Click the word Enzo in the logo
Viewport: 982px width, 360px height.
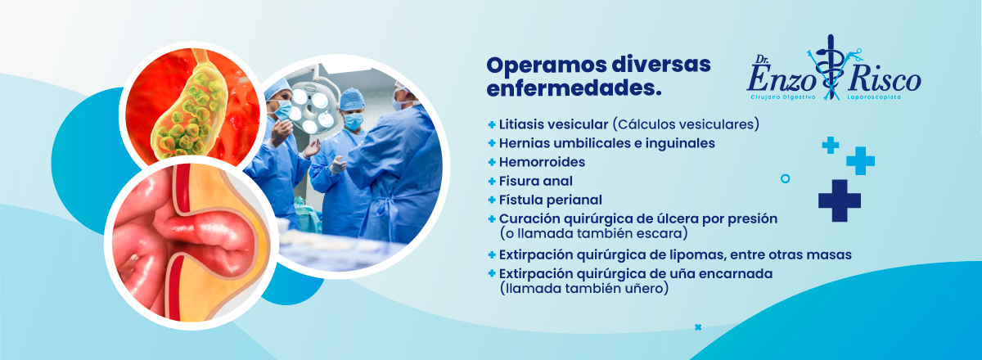point(782,79)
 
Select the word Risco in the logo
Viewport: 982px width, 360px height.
point(885,80)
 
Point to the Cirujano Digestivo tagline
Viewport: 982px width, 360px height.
point(782,97)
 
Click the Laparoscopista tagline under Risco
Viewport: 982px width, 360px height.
point(874,97)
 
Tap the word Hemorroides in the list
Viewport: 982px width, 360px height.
point(542,162)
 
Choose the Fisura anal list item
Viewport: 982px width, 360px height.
point(536,181)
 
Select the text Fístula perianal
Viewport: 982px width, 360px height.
point(551,200)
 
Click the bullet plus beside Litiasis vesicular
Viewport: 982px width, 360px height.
point(492,124)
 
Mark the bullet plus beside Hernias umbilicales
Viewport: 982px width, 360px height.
point(492,143)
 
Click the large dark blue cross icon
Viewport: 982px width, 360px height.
point(840,200)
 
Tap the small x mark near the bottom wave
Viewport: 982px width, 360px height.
point(698,327)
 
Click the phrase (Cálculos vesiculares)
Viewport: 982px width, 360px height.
point(686,124)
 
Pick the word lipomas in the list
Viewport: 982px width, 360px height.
point(692,255)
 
